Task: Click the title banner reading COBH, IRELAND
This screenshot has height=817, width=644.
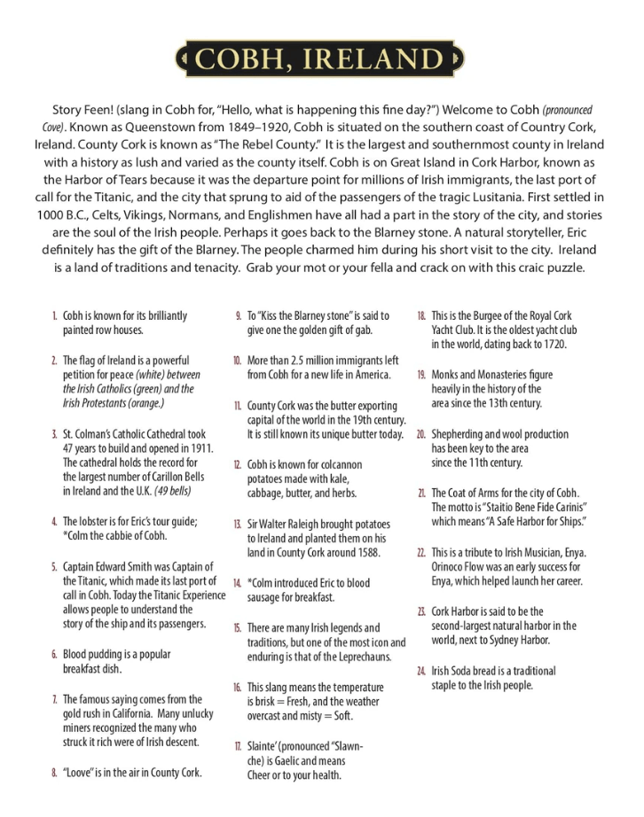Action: (x=321, y=59)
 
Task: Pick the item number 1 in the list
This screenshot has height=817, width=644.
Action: (x=54, y=315)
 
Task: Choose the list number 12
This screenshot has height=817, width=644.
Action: (x=237, y=465)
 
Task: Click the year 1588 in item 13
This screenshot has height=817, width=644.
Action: (x=364, y=552)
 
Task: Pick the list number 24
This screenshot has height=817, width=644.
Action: (x=421, y=671)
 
